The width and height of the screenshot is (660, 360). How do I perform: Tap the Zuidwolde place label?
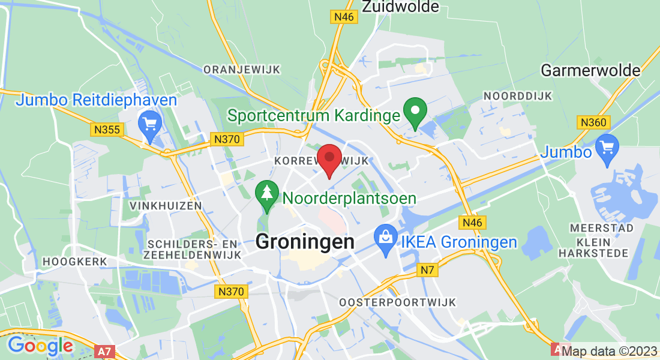coord(401,7)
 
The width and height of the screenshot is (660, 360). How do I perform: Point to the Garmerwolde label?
coord(590,70)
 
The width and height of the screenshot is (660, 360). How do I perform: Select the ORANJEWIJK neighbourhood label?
coord(242,70)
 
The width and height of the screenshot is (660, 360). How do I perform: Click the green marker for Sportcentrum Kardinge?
coord(414,111)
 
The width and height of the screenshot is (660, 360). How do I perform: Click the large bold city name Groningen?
coord(305,242)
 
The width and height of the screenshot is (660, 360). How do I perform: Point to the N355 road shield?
coord(107,129)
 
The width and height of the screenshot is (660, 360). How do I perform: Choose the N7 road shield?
coord(427,271)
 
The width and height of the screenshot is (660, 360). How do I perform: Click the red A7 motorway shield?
coord(103,349)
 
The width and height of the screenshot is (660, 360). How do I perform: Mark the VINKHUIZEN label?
coord(161,206)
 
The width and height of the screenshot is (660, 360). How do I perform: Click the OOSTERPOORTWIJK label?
coord(398,302)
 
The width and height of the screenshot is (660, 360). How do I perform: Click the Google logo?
coord(40,346)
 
